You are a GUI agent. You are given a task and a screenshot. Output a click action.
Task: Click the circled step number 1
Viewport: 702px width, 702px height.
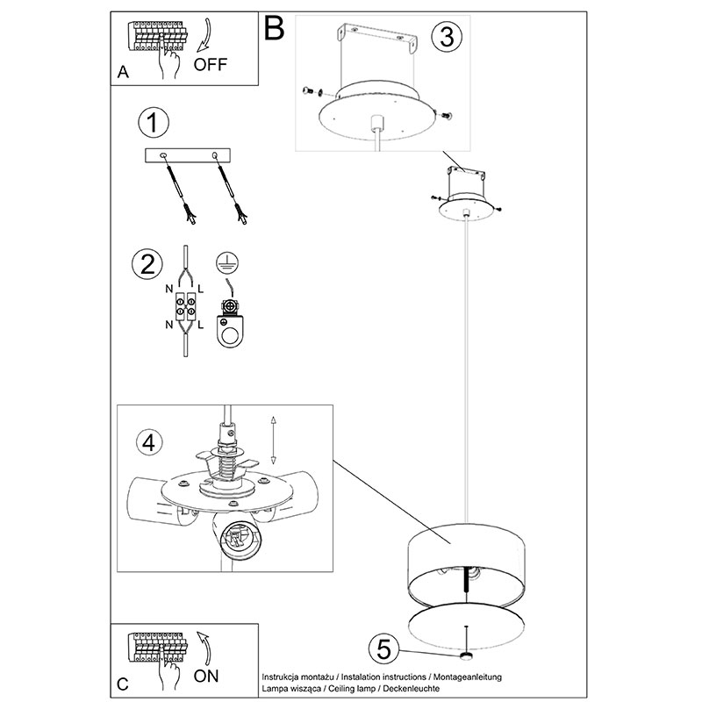pyautogui.click(x=154, y=122)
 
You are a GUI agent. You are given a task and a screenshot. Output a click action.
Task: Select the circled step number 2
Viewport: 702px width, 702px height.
pyautogui.click(x=147, y=264)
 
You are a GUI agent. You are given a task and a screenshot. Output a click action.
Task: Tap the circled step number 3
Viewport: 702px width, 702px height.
pyautogui.click(x=447, y=37)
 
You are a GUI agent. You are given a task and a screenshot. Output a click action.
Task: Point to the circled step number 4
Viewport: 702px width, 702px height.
pyautogui.click(x=148, y=442)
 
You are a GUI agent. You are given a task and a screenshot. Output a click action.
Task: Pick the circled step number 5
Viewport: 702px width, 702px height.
pyautogui.click(x=383, y=649)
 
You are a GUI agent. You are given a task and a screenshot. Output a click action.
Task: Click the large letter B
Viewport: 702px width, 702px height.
pyautogui.click(x=274, y=28)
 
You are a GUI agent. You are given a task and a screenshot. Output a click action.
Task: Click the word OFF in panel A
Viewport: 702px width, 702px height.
pyautogui.click(x=211, y=64)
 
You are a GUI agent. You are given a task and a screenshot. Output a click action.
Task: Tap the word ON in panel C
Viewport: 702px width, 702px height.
pyautogui.click(x=206, y=676)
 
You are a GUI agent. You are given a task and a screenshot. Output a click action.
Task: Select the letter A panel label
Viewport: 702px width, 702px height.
pyautogui.click(x=123, y=72)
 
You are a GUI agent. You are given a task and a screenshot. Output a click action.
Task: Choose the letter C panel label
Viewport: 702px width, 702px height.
pyautogui.click(x=122, y=684)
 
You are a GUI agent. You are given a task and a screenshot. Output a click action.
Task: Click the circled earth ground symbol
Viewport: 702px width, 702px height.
pyautogui.click(x=227, y=262)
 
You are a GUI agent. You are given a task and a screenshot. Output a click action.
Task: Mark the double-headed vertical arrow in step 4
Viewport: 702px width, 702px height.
pyautogui.click(x=273, y=441)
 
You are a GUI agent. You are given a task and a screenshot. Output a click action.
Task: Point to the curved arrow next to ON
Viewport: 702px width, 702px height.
pyautogui.click(x=206, y=648)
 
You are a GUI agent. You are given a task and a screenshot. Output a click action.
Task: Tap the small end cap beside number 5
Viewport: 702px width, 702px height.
pyautogui.click(x=467, y=656)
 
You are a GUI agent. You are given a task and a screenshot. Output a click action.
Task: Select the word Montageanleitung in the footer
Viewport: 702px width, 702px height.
pyautogui.click(x=468, y=677)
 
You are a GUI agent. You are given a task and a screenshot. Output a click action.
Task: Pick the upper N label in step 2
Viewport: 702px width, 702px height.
pyautogui.click(x=168, y=289)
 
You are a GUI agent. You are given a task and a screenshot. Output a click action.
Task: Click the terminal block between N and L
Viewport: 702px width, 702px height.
pyautogui.click(x=186, y=306)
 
